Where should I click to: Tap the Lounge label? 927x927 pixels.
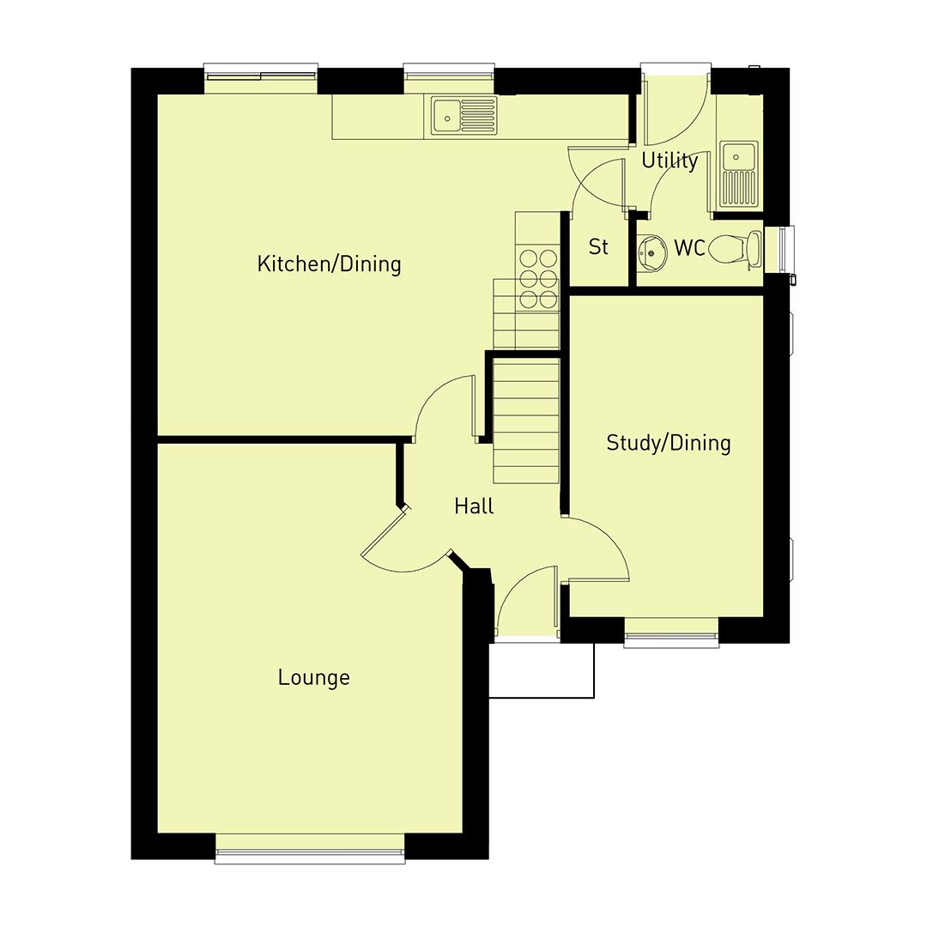point(313,678)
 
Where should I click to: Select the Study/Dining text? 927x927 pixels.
point(668,443)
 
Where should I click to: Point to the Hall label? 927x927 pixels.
point(474,506)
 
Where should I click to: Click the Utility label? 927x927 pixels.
point(669,161)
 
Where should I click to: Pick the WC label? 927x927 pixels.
point(689,249)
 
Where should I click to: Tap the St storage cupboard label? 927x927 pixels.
point(598,247)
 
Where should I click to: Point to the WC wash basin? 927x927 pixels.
point(651,251)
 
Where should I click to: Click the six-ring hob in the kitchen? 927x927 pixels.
point(537,277)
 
